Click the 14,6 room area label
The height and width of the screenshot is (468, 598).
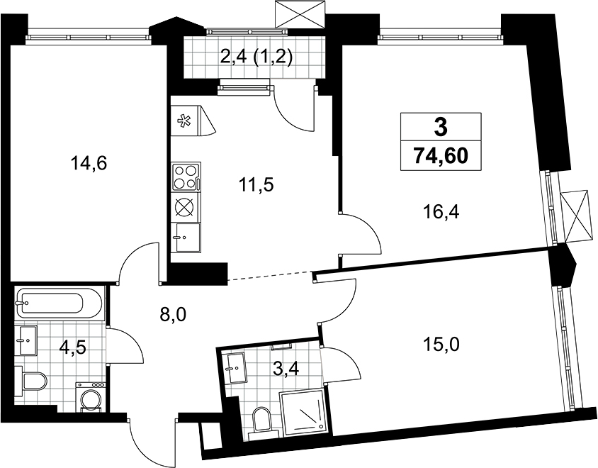click(89, 164)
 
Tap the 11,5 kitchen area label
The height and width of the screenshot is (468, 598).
click(256, 185)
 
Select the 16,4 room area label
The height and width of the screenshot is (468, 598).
click(441, 211)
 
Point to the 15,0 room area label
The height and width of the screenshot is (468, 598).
click(441, 345)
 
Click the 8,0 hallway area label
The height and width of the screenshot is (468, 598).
click(174, 315)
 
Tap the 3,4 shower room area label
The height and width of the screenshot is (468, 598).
click(286, 369)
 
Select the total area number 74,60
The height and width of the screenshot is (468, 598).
click(441, 155)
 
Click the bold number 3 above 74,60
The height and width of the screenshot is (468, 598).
click(441, 127)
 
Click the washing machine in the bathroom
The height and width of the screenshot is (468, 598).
click(90, 397)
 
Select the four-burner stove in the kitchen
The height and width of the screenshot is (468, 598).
click(186, 177)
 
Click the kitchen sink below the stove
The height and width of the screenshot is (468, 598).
click(186, 237)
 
